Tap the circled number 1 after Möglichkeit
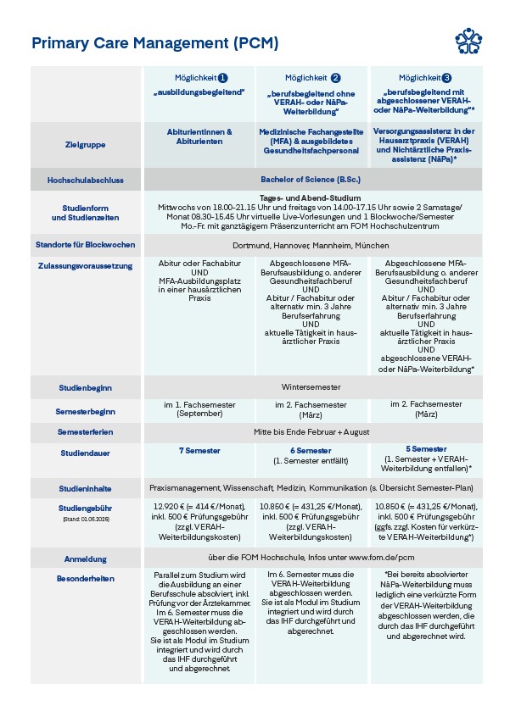[x=222, y=77]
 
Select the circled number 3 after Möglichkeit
[x=448, y=77]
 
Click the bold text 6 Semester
[x=311, y=450]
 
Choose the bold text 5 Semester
[x=426, y=449]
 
